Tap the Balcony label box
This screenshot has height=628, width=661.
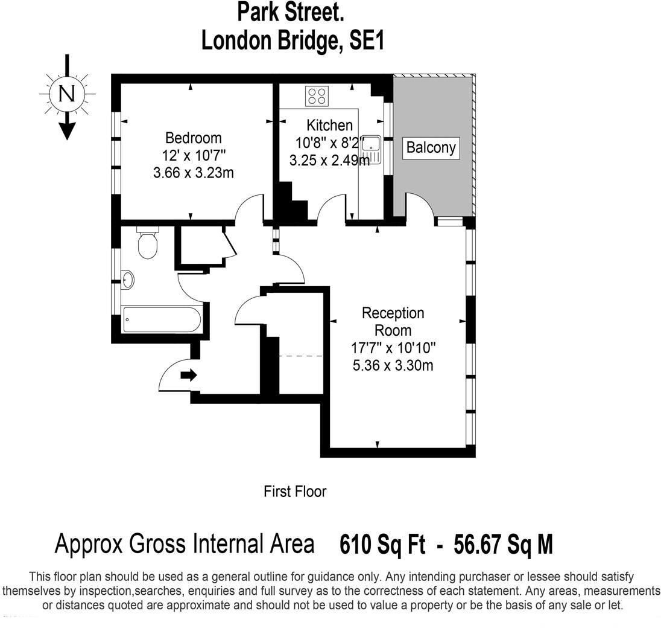point(431,147)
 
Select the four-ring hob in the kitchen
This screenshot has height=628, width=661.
point(317,95)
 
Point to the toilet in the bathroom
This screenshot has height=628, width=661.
point(148,243)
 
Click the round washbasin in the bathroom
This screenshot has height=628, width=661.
point(128,280)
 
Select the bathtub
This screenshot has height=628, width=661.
point(161,319)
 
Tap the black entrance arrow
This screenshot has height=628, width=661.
point(189,376)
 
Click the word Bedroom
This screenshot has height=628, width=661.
point(194,138)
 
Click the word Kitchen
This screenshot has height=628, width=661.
point(329,126)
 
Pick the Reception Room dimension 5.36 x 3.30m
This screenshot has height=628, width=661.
point(393,365)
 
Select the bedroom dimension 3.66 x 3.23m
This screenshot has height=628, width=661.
point(194,173)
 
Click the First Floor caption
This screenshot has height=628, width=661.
point(295,492)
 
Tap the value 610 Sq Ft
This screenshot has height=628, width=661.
point(382,545)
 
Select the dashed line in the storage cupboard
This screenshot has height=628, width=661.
point(302,356)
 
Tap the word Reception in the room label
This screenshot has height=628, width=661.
point(393,313)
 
